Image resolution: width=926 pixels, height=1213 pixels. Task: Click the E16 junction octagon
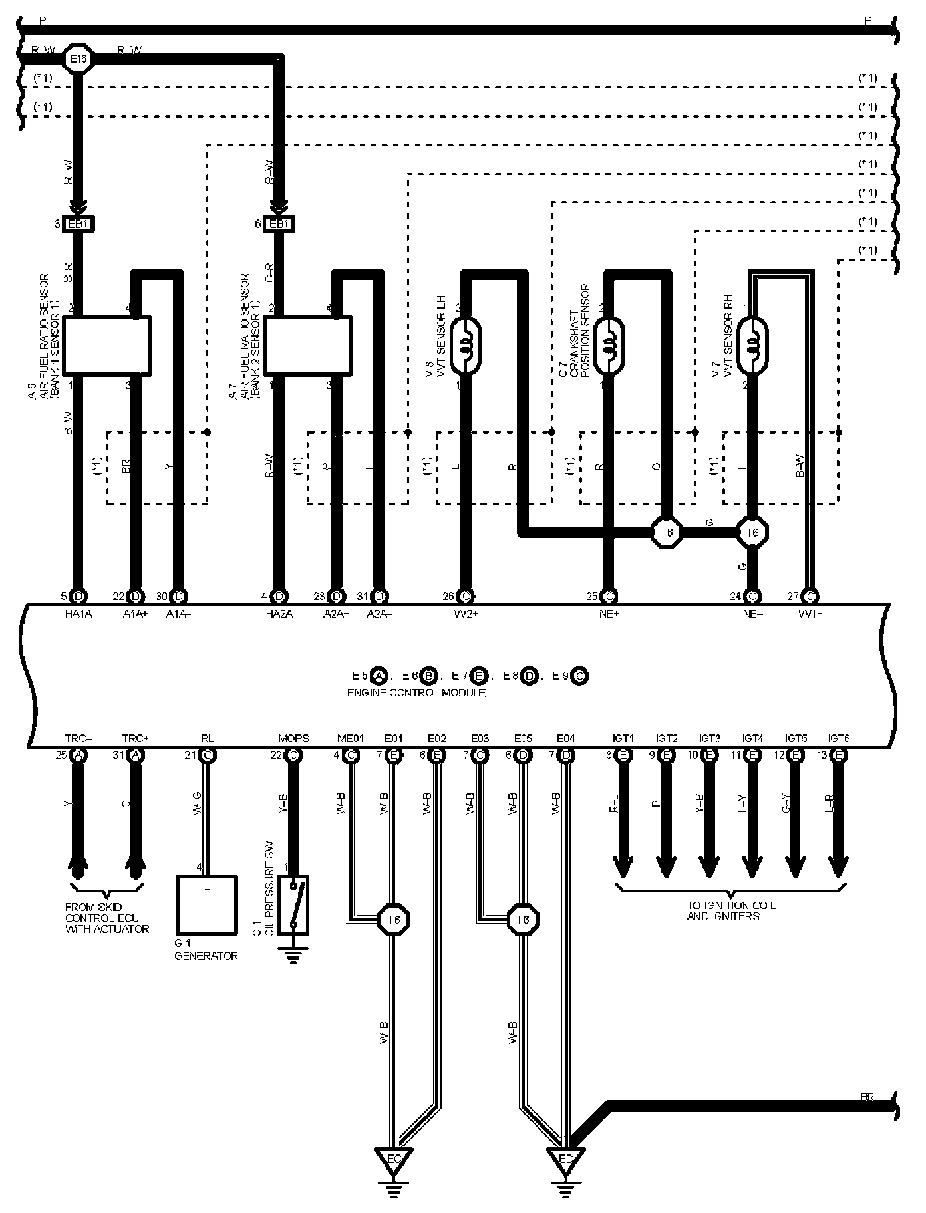(78, 59)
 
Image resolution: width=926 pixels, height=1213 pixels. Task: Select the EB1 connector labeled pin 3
(78, 224)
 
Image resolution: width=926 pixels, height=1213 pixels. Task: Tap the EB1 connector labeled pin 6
(279, 224)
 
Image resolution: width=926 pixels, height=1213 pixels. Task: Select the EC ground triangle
(394, 1160)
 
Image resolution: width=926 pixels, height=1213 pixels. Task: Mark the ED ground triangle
(566, 1160)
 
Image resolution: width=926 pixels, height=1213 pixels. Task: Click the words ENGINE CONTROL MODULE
(416, 692)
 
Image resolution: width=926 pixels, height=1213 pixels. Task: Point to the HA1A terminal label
(79, 614)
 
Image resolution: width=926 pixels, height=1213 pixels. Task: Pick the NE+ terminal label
(609, 614)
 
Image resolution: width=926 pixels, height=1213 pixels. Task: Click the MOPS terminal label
(293, 739)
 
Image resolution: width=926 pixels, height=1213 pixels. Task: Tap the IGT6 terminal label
(839, 739)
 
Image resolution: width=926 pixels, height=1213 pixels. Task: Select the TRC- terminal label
(79, 739)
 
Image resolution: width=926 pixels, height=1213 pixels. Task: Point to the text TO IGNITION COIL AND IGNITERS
(731, 910)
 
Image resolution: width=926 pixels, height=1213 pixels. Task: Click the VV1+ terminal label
(810, 614)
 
